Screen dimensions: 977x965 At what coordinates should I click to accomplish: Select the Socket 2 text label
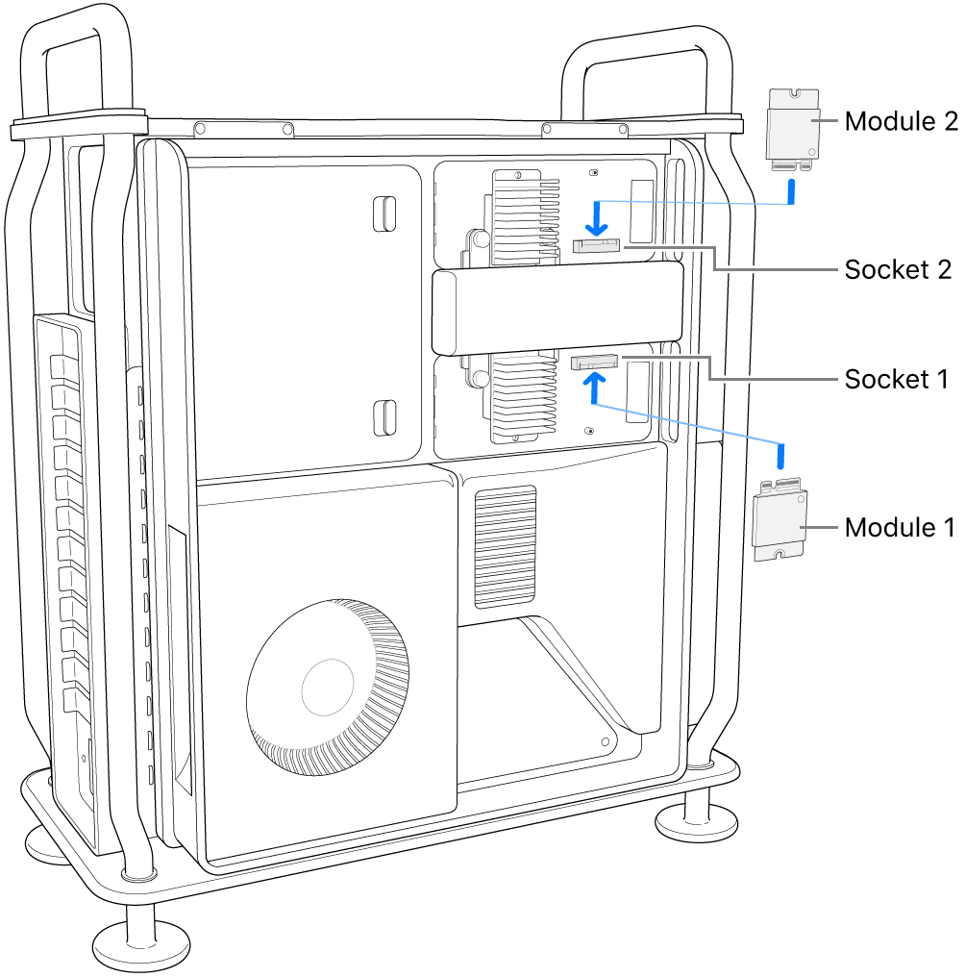[897, 270]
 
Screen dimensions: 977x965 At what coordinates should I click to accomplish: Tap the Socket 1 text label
[897, 380]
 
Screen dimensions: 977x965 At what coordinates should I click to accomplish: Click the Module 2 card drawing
[792, 126]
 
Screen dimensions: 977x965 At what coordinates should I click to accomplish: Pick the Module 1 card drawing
[779, 521]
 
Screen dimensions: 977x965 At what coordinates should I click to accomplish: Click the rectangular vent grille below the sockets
[505, 545]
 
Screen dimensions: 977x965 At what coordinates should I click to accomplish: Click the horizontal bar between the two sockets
[557, 312]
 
